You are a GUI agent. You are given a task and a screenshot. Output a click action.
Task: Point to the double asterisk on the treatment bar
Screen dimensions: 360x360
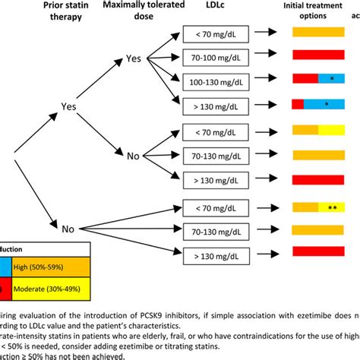coord(332,205)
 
